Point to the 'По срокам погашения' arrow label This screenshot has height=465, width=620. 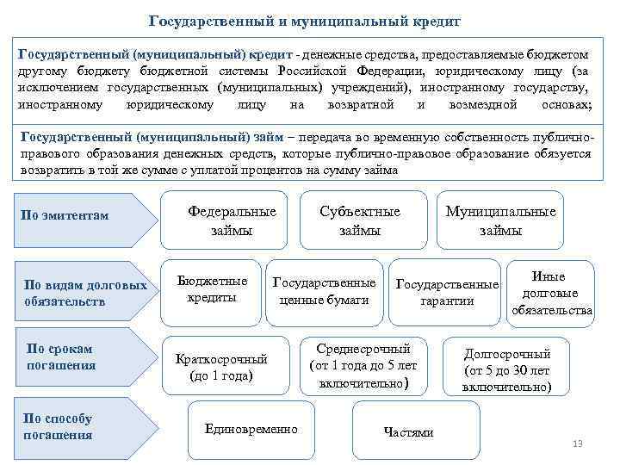[x=60, y=356]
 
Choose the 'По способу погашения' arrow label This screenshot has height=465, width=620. [x=59, y=426]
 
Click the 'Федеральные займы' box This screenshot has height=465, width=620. [x=232, y=220]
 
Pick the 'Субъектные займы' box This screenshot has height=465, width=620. [x=360, y=220]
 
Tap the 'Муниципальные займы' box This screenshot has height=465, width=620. [x=500, y=220]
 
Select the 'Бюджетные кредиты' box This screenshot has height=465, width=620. [x=212, y=289]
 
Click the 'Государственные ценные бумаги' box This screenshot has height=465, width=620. [x=324, y=291]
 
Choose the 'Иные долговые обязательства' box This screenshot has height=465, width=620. [x=551, y=294]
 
